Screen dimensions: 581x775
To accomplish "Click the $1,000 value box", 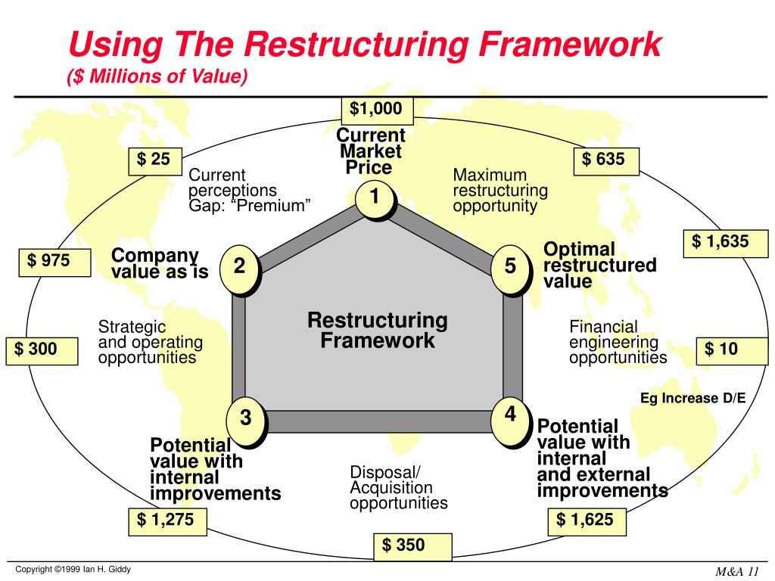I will tap(376, 110).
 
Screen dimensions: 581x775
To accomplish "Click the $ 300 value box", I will tap(42, 350).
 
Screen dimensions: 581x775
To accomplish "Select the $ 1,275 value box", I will tap(166, 520).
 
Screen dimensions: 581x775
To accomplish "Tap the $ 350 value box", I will tap(412, 545).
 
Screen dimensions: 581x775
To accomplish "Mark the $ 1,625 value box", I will tap(585, 520).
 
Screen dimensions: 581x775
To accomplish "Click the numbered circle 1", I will tap(375, 198).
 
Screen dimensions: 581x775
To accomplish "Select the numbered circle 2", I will tap(239, 267).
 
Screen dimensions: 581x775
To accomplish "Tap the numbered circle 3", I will tap(246, 418).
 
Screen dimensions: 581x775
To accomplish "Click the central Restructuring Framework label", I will tap(377, 331).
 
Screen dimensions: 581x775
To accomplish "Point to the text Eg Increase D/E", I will tap(693, 399).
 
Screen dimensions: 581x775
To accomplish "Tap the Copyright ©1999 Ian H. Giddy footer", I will tap(74, 569).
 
